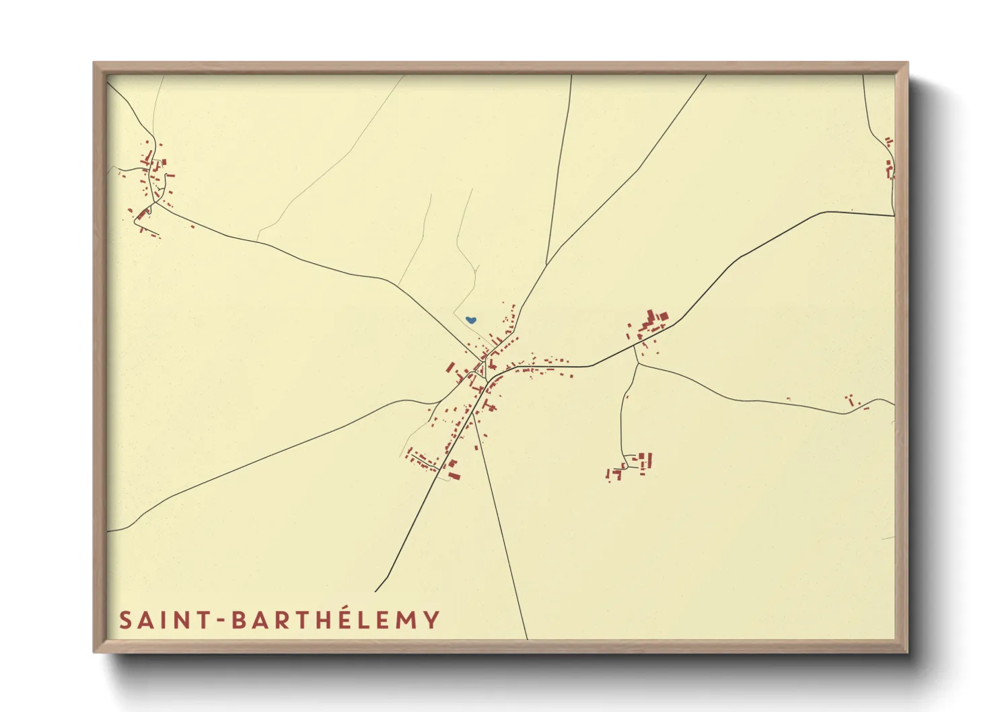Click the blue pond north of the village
[x=471, y=320]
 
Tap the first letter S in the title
[x=125, y=620]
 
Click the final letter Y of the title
[x=432, y=620]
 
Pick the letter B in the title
[x=240, y=620]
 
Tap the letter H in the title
[x=322, y=620]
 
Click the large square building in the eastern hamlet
[x=662, y=316]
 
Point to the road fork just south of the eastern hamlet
[x=637, y=364]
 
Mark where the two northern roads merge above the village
[x=546, y=264]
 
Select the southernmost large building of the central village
[x=454, y=476]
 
